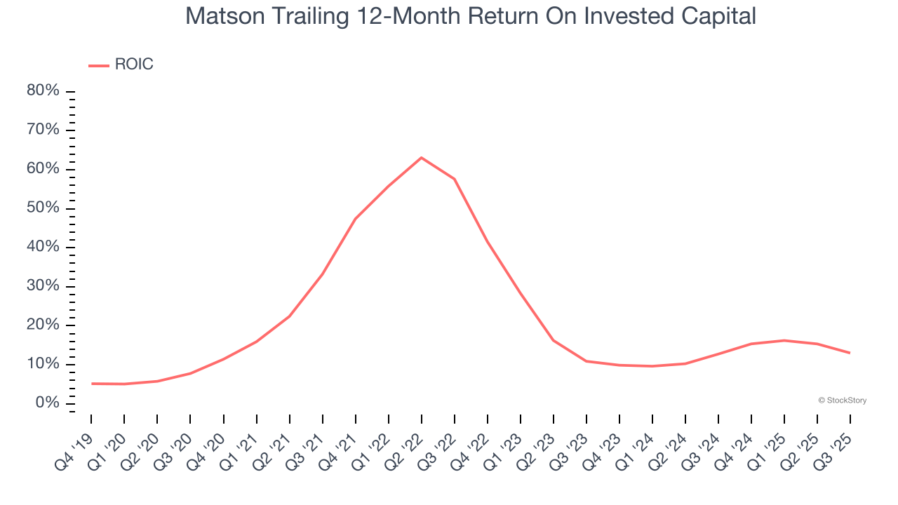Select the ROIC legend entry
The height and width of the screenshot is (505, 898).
121,65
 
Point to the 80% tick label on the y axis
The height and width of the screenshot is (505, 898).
43,91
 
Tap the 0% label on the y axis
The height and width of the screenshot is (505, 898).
47,403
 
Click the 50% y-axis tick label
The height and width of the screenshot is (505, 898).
43,208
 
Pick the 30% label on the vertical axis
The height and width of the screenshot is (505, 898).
43,286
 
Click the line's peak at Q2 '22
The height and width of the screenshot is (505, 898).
421,157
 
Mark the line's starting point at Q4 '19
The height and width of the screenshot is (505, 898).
91,384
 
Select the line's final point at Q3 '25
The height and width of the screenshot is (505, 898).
850,353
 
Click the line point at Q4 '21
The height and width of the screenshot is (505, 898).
355,219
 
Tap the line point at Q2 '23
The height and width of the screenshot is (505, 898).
554,340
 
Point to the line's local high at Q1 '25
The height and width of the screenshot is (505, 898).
784,340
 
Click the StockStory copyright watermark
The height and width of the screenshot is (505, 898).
842,400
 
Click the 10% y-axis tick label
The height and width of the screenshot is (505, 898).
43,364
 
